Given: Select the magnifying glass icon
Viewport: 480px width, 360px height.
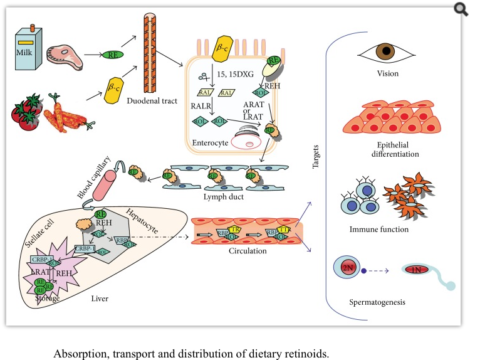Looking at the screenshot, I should pos(462,9).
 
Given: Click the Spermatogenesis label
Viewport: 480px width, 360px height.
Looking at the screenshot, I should pos(377,302).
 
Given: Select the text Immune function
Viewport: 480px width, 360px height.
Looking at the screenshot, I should pos(378,229).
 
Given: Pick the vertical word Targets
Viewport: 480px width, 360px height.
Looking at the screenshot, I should pos(315,156).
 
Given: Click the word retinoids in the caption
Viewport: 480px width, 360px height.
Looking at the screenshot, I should pos(305,352).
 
